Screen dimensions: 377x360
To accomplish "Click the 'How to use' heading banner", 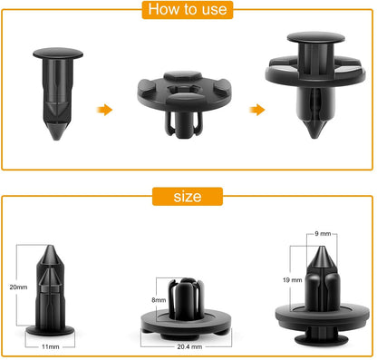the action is [188, 10].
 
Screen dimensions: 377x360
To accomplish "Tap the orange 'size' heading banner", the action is [188, 197].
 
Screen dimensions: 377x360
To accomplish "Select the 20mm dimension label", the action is [18, 287].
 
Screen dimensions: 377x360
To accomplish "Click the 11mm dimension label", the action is [51, 346].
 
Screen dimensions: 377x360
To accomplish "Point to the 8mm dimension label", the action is [159, 300].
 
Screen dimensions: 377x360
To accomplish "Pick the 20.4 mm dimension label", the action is [189, 346].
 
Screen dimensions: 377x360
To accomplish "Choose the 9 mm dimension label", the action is [323, 234].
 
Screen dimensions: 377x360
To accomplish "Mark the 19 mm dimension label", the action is [293, 280].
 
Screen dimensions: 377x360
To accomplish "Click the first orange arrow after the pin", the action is [104, 110].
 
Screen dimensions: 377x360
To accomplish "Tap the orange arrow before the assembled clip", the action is [257, 110].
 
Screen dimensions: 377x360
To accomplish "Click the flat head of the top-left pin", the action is [58, 54].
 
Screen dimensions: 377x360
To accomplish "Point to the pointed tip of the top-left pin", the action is [56, 139].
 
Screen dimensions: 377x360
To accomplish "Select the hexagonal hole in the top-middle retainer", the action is [183, 90].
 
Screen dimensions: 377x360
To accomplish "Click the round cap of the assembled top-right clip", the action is [315, 37].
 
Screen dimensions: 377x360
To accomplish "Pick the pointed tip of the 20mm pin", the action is [50, 246].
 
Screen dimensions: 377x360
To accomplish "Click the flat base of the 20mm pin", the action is [50, 331].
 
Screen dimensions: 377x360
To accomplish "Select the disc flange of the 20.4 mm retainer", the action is [186, 322].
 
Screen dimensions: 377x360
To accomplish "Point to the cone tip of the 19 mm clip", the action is [322, 248].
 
